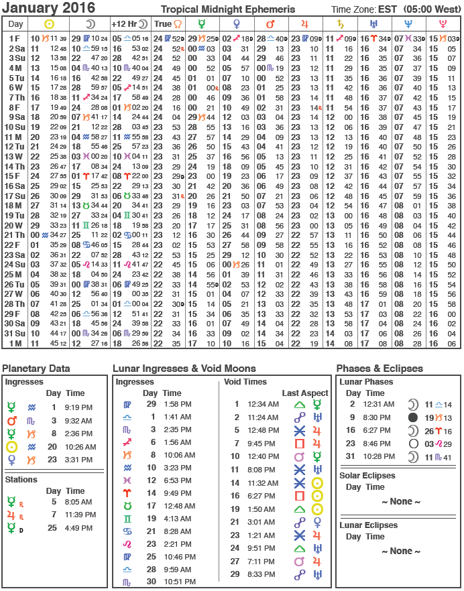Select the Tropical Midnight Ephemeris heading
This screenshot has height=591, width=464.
(227, 9)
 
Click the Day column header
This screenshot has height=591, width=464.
(15, 23)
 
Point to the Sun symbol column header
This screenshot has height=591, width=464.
(49, 23)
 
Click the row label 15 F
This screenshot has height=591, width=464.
(15, 176)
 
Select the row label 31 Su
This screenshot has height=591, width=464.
(15, 333)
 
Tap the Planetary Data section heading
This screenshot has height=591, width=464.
(36, 369)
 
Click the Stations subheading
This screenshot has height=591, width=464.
(22, 480)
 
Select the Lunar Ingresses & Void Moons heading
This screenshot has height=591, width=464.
(184, 369)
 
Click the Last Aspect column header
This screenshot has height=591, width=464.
(305, 393)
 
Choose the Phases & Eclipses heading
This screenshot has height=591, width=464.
(380, 369)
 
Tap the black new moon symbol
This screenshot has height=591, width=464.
(413, 417)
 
